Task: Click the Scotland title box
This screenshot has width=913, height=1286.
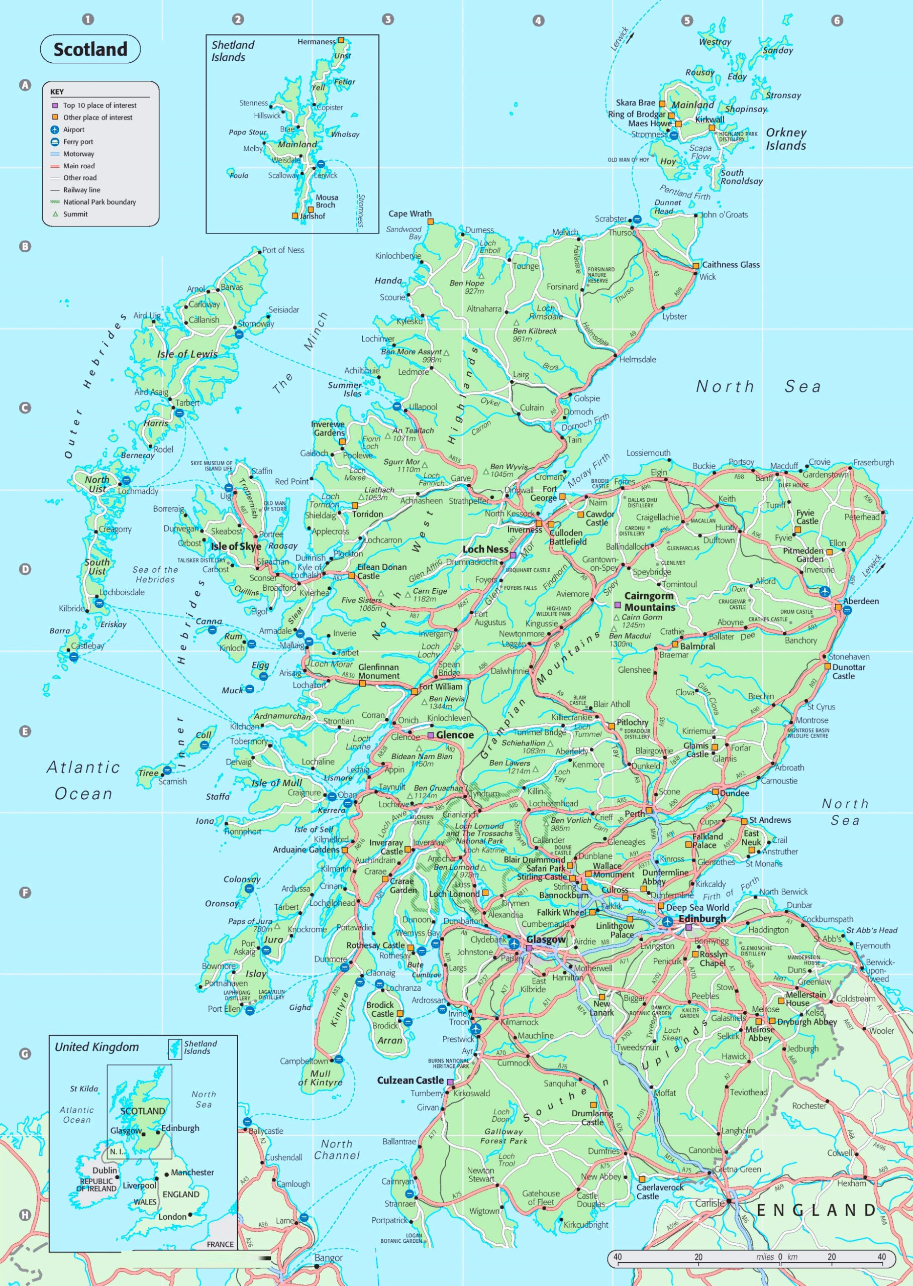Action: [x=90, y=49]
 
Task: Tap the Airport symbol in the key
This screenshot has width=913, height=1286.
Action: [x=55, y=129]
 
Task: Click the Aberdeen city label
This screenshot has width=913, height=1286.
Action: [x=860, y=601]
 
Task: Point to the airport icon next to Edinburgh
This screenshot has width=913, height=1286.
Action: [x=667, y=922]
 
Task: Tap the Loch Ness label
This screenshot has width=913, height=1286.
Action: [x=485, y=549]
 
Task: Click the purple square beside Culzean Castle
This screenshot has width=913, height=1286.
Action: [x=450, y=1081]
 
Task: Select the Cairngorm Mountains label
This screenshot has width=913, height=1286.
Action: [x=649, y=601]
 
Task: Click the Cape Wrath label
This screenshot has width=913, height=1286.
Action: [x=410, y=213]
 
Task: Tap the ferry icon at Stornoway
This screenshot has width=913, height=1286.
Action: [x=238, y=335]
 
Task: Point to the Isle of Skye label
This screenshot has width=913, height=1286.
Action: [x=236, y=547]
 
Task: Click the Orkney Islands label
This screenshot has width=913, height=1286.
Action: [x=785, y=139]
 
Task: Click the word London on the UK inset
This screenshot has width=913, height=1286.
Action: [x=172, y=1216]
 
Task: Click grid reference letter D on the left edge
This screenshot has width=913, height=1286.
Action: [x=25, y=569]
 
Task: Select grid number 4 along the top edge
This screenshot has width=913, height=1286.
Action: [x=538, y=20]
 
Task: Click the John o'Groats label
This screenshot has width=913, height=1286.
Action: [x=724, y=215]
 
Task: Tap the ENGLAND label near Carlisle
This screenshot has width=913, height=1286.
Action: [x=815, y=1210]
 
